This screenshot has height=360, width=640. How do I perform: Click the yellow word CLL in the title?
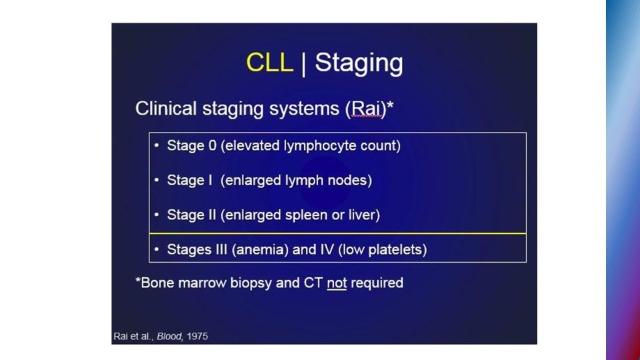(269, 63)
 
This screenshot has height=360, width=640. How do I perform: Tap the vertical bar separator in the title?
(304, 63)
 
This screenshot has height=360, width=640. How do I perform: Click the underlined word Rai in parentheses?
(365, 109)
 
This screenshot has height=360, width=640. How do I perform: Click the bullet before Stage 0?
(156, 145)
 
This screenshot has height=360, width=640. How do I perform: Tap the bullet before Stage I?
(156, 180)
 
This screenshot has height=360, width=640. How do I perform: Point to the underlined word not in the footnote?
(337, 283)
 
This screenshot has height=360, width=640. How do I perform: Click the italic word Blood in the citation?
(169, 337)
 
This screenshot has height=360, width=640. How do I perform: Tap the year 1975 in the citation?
(197, 337)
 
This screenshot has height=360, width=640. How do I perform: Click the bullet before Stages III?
(156, 250)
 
